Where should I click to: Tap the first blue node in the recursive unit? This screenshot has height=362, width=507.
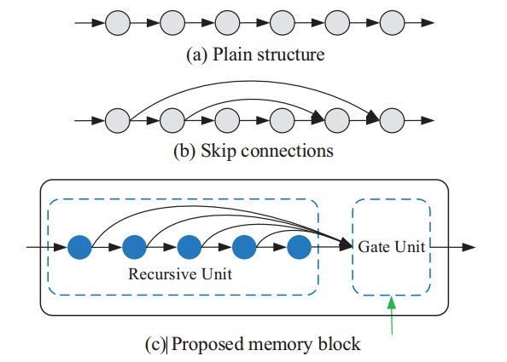tap(80, 247)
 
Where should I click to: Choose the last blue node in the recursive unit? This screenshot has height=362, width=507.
tap(299, 247)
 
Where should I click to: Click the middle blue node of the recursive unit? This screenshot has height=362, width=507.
tap(189, 247)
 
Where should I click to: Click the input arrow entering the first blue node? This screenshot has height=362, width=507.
tap(47, 247)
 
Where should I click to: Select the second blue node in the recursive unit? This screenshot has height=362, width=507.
tap(135, 247)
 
